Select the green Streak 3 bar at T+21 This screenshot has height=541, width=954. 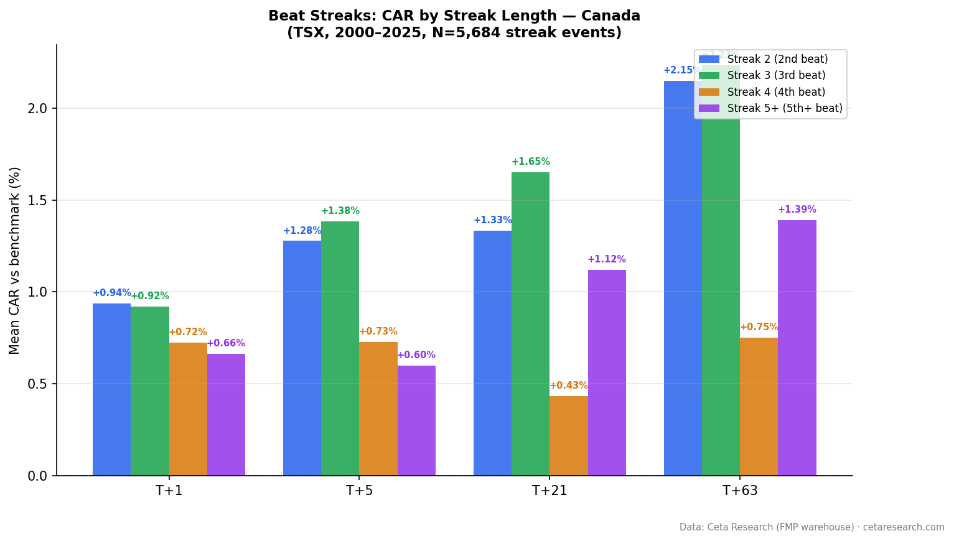click(x=530, y=323)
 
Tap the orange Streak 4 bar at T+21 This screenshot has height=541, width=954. click(x=568, y=435)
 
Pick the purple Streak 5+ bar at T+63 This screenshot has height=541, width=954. click(x=797, y=348)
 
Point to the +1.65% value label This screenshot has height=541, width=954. click(x=530, y=162)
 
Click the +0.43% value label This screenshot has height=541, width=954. click(x=568, y=386)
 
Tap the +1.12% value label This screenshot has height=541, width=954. click(x=606, y=259)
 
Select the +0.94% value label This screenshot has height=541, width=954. click(x=111, y=293)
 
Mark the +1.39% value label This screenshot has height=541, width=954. click(x=797, y=210)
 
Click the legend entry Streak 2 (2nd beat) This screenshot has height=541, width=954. click(x=777, y=59)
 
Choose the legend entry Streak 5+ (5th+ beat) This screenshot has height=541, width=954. click(x=785, y=108)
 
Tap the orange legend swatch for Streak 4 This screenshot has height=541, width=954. click(x=709, y=92)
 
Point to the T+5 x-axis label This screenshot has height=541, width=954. click(x=359, y=491)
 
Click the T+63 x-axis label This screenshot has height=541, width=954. click(x=740, y=491)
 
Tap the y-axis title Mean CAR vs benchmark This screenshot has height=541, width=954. click(x=15, y=260)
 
